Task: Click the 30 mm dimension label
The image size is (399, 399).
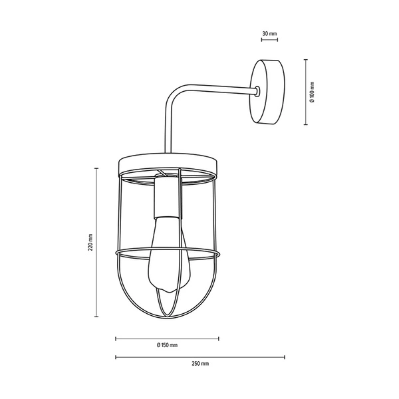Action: point(269,33)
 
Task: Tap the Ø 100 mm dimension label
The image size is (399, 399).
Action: point(312,92)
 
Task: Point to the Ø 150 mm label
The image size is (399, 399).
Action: point(167,345)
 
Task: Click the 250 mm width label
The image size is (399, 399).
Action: point(200,364)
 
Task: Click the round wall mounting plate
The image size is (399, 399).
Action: point(269,92)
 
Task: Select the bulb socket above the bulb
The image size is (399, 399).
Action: point(167,198)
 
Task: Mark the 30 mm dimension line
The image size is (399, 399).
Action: point(269,40)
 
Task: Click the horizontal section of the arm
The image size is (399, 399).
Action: point(219,88)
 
